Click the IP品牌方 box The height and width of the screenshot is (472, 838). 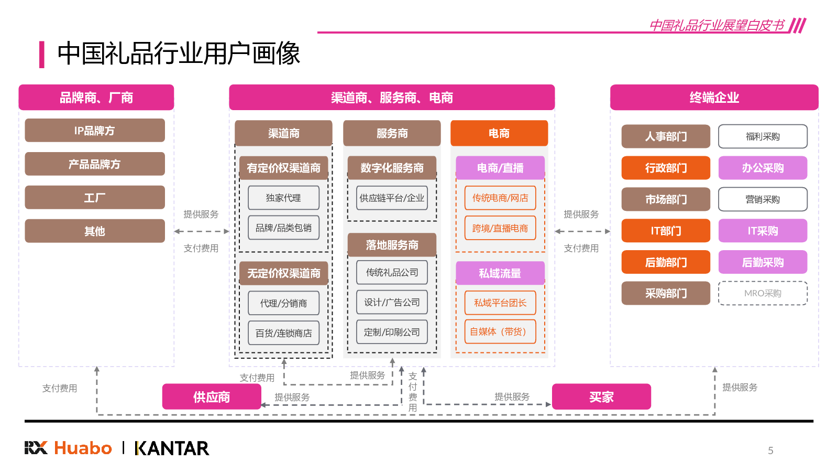tap(95, 131)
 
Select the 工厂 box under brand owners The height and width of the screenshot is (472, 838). tap(95, 198)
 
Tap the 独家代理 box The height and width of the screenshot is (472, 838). tap(283, 198)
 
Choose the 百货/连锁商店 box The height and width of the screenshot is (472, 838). tap(283, 333)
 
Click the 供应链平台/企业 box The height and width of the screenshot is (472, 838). tap(392, 198)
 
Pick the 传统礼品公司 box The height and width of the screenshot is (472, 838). tap(392, 272)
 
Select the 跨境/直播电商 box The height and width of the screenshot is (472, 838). tap(500, 228)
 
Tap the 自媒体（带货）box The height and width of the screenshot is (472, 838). tap(500, 331)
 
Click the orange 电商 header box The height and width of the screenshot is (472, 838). tap(499, 133)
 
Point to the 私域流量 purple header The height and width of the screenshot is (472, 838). tap(500, 273)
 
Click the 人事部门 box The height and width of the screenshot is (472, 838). tap(666, 136)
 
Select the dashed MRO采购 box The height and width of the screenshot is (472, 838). tap(763, 293)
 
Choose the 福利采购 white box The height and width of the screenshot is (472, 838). tap(763, 136)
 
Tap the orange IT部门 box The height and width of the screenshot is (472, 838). tap(666, 231)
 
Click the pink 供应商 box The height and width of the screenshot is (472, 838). tap(212, 397)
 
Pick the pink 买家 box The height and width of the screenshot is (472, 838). tap(601, 397)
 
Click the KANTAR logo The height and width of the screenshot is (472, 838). tap(172, 448)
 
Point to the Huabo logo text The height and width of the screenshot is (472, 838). tap(83, 448)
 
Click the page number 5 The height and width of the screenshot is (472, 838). tap(770, 450)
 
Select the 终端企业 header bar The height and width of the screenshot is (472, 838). tap(714, 98)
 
